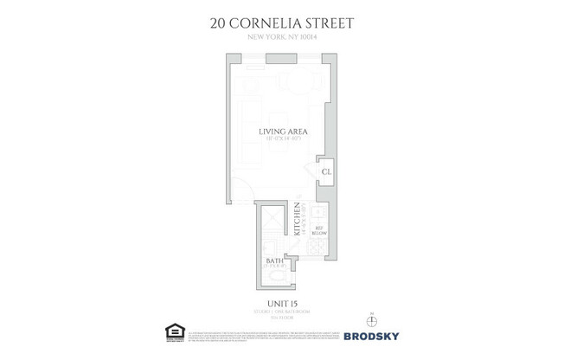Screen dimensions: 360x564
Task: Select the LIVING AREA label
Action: pos(284,132)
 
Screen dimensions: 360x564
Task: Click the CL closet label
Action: pos(326,172)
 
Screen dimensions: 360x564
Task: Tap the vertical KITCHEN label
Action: pos(297,219)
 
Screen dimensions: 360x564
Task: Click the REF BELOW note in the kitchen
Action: pos(318,230)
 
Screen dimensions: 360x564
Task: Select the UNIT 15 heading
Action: pos(282,302)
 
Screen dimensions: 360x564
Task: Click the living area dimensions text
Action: pos(284,139)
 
